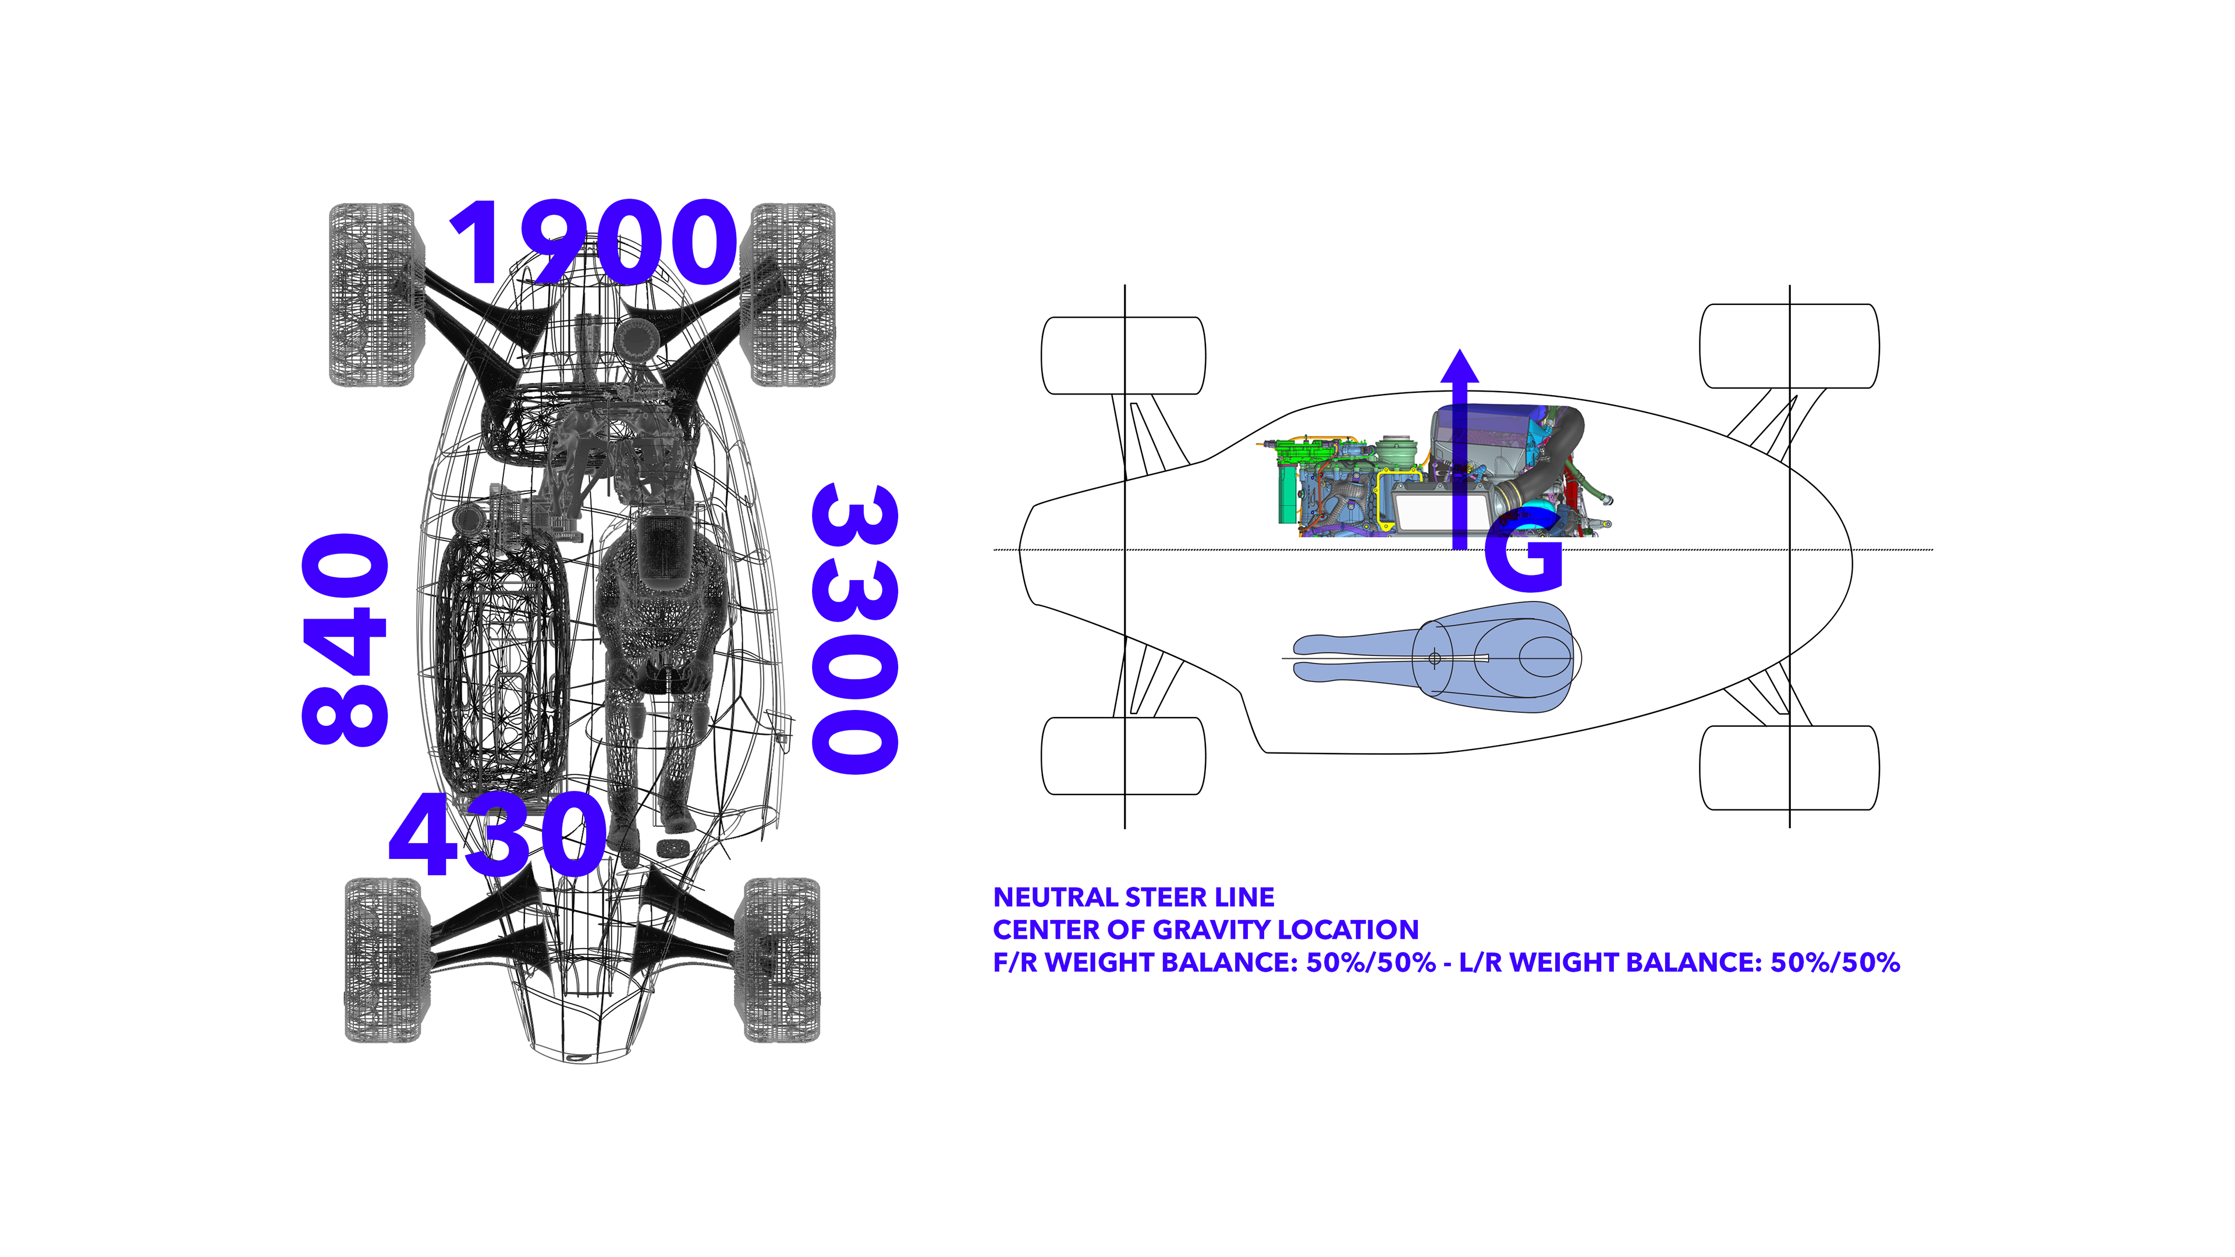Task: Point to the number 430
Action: click(x=497, y=834)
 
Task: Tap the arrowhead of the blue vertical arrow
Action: click(x=1460, y=365)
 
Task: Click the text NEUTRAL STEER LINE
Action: click(x=1134, y=897)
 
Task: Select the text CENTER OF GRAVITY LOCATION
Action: click(x=1206, y=930)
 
